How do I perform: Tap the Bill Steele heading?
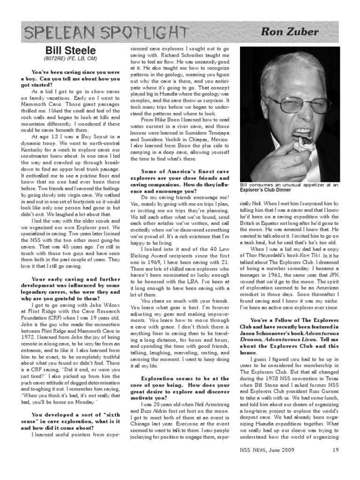(70, 50)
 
